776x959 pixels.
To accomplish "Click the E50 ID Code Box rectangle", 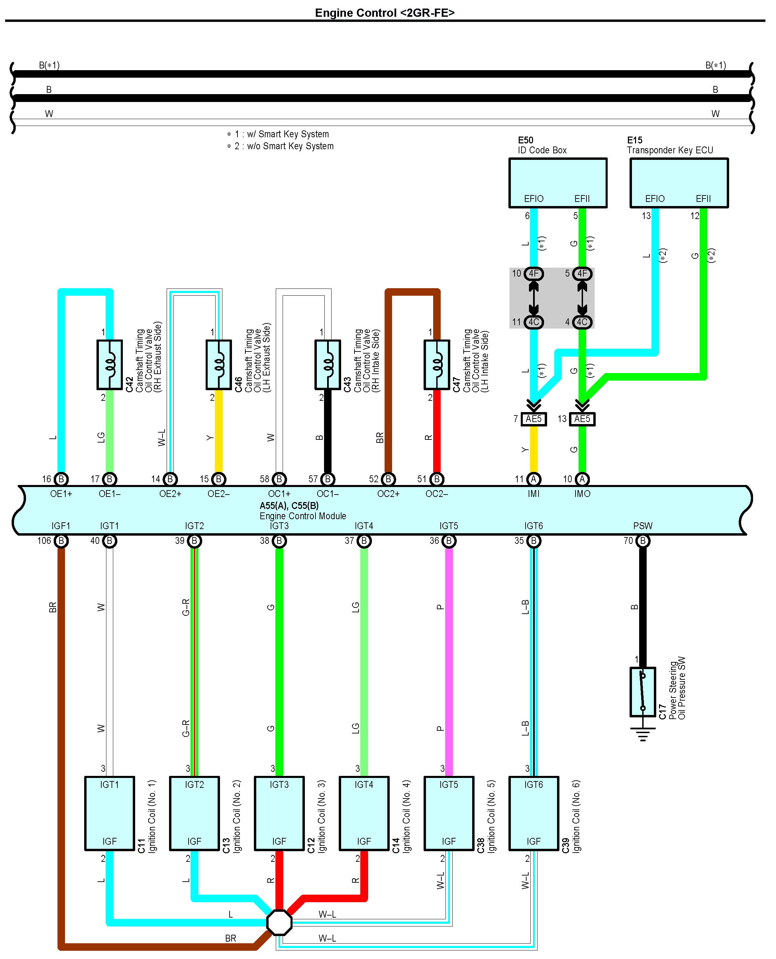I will point(557,182).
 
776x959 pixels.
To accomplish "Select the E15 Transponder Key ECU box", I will point(678,182).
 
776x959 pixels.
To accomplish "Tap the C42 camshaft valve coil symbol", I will point(109,365).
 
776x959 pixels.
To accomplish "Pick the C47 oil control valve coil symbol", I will point(437,365).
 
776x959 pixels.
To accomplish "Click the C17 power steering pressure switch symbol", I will point(642,692).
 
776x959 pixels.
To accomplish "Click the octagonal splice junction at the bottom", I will point(279,922).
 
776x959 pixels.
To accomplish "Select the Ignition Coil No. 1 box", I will point(109,813).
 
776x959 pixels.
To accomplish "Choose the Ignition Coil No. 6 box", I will point(534,813).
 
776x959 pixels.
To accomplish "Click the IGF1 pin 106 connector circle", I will point(61,541).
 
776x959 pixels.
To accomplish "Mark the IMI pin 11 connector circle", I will point(534,479).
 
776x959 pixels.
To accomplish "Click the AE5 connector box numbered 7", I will point(534,419).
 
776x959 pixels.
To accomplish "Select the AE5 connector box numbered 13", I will point(582,419).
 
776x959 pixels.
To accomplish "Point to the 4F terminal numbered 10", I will point(533,273).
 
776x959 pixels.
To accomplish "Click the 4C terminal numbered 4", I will point(582,322).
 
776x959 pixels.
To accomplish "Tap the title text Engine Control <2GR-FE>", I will point(385,13).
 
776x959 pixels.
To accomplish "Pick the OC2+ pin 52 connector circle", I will point(388,479).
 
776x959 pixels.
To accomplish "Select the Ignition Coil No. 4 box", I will point(364,813).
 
